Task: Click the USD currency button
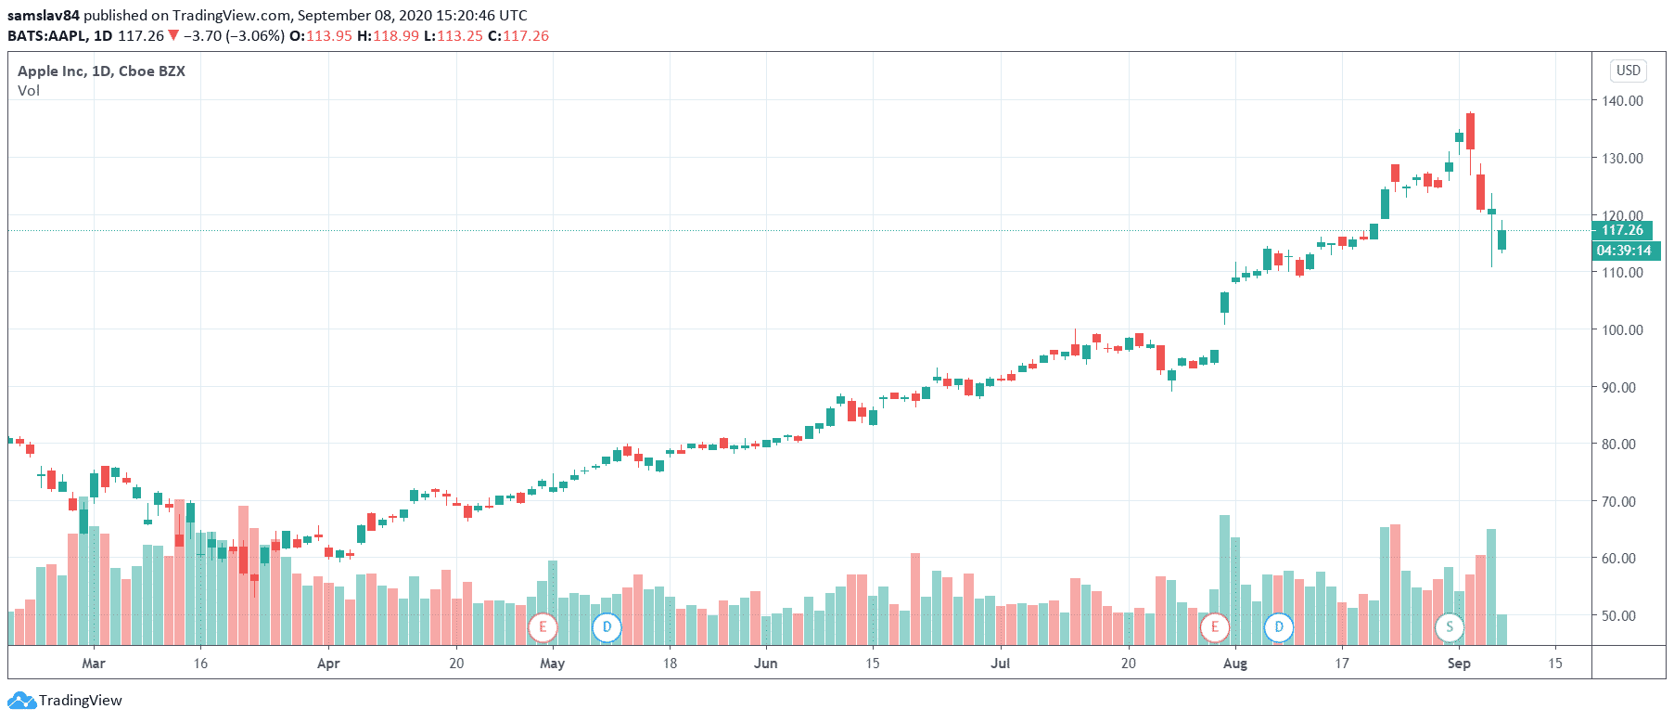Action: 1629,71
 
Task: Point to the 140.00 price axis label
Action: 1622,101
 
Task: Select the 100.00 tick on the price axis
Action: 1622,330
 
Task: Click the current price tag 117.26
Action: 1622,230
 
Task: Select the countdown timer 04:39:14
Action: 1623,251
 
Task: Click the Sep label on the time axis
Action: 1459,664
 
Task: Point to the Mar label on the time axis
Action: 94,664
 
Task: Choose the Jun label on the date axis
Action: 765,664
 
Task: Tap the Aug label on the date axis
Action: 1234,664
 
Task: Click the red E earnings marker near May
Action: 543,627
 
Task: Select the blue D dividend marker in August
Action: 1279,627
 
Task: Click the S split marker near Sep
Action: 1450,627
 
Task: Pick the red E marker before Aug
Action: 1214,627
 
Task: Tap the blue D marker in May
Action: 607,627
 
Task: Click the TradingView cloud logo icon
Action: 22,701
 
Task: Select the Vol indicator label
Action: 29,91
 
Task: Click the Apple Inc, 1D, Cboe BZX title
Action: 101,71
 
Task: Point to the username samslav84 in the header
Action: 44,16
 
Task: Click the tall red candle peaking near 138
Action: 1470,131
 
